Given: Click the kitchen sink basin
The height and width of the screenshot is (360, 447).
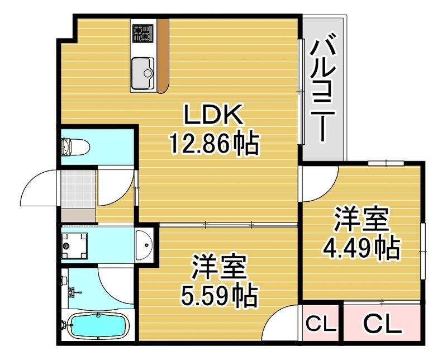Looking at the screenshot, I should [x=144, y=72].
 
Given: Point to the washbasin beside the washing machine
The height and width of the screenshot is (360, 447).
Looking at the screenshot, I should [x=145, y=244].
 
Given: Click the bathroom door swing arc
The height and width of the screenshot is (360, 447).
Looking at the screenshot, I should [x=116, y=285].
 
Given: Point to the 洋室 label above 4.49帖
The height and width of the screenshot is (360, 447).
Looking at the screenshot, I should [x=361, y=220].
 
